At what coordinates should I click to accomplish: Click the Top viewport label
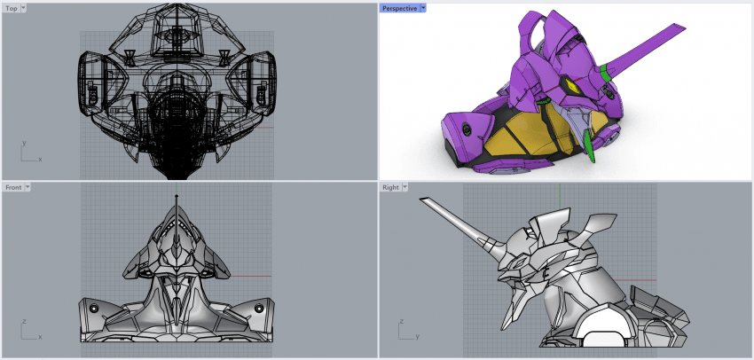pos(12,8)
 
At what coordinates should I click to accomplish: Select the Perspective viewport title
pos(399,8)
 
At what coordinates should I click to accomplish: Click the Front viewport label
pos(13,187)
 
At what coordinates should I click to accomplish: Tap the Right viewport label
pos(390,187)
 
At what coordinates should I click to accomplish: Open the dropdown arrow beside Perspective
pos(423,8)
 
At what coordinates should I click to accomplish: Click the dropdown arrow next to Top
pos(24,8)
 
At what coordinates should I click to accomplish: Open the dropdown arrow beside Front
pos(27,187)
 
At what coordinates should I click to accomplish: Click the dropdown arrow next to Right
pos(404,187)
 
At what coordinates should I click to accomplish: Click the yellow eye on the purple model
pos(572,87)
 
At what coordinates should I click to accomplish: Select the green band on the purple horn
pos(605,73)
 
